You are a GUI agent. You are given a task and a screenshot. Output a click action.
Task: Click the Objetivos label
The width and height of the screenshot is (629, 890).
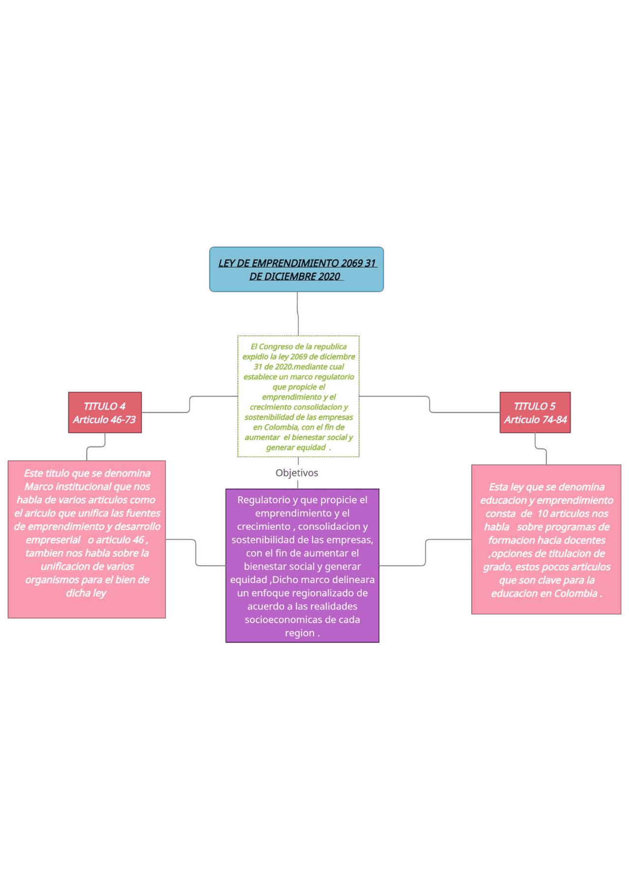(x=297, y=473)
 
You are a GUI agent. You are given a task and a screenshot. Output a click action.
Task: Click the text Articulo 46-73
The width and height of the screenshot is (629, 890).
(x=104, y=420)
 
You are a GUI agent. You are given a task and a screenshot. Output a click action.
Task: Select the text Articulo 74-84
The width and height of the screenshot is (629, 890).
(x=535, y=420)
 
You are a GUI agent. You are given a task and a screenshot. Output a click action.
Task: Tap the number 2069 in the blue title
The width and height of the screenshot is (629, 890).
(x=351, y=263)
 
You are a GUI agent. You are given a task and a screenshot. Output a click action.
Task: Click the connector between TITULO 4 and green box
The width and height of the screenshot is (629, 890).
(x=190, y=404)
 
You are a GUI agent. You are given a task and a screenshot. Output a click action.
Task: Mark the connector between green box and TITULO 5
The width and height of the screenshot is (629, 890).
(x=429, y=404)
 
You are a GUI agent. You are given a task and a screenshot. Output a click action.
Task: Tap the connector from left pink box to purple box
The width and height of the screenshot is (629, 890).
(x=196, y=552)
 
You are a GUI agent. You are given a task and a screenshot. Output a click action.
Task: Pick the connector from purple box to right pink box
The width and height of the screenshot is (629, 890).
(x=426, y=552)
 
